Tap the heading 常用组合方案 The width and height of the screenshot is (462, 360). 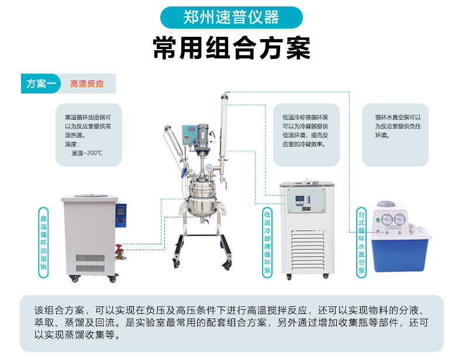click(x=231, y=48)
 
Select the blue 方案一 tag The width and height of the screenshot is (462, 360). click(x=41, y=84)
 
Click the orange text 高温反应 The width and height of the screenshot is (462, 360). click(x=87, y=84)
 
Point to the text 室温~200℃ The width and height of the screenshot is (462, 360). click(x=87, y=153)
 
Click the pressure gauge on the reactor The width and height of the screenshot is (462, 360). click(x=209, y=168)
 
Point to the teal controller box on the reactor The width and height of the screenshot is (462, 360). click(x=189, y=134)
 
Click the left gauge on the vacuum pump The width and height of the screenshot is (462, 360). click(x=387, y=220)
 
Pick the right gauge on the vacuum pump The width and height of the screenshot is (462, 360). click(x=400, y=220)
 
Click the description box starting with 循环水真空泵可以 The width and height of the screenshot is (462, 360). click(x=395, y=134)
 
